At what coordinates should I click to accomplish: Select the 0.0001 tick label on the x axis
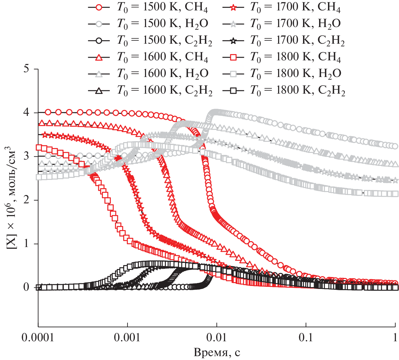click(38, 337)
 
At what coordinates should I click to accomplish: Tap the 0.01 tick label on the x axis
click(217, 337)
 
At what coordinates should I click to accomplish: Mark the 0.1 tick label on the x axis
click(306, 337)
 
